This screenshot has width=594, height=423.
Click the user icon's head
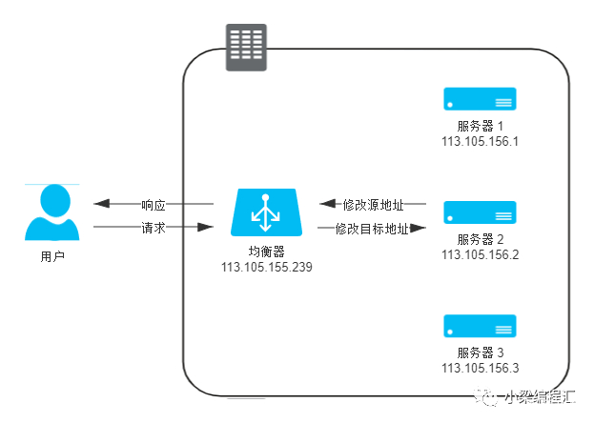pyautogui.click(x=55, y=200)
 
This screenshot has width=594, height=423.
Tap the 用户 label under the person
pyautogui.click(x=52, y=257)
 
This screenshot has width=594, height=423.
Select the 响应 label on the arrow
pyautogui.click(x=154, y=205)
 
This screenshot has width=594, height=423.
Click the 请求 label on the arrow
pyautogui.click(x=154, y=228)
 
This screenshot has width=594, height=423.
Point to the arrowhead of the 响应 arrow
pyautogui.click(x=101, y=204)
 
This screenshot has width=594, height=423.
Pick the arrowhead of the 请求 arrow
pyautogui.click(x=205, y=227)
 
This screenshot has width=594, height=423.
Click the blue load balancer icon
pyautogui.click(x=266, y=212)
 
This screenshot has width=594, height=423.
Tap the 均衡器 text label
pyautogui.click(x=266, y=252)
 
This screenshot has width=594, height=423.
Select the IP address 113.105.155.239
pyautogui.click(x=267, y=267)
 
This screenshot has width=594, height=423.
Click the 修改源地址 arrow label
pyautogui.click(x=373, y=205)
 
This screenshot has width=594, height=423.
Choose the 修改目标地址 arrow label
pyautogui.click(x=372, y=229)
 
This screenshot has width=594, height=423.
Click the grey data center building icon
pyautogui.click(x=246, y=48)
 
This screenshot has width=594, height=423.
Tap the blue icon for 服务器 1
pyautogui.click(x=480, y=99)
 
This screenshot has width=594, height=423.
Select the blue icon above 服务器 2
pyautogui.click(x=480, y=212)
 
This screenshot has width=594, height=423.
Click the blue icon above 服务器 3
pyautogui.click(x=480, y=326)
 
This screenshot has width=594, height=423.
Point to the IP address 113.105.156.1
pyautogui.click(x=480, y=141)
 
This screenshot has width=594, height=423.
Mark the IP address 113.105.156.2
pyautogui.click(x=480, y=254)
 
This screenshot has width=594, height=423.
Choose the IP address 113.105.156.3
pyautogui.click(x=480, y=368)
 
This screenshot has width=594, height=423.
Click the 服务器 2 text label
pyautogui.click(x=480, y=239)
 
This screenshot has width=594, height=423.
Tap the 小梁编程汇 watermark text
pyautogui.click(x=540, y=397)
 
